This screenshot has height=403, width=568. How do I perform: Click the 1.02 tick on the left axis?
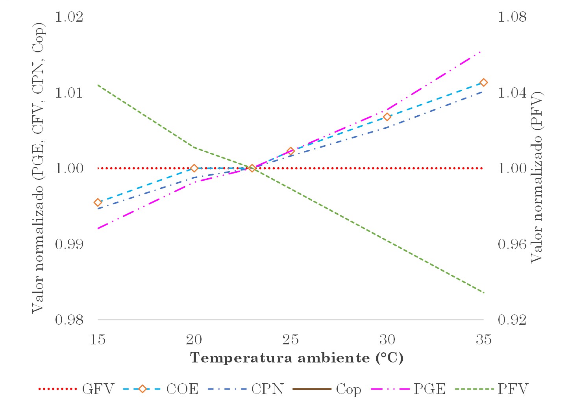69,17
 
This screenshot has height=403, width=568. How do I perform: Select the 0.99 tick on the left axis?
69,244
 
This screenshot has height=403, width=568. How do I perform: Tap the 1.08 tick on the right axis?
512,17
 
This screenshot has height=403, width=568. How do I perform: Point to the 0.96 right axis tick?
512,244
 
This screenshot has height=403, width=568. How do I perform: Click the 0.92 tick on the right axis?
512,320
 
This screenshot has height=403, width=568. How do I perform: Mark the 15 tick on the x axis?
98,339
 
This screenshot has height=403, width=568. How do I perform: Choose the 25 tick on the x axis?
290,339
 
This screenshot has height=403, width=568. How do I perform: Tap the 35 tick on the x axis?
483,339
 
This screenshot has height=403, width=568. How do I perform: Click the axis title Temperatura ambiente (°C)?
297,358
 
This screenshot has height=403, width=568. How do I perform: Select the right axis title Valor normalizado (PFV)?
537,177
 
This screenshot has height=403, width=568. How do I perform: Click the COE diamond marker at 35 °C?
484,82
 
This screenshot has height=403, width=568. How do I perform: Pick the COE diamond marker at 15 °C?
98,202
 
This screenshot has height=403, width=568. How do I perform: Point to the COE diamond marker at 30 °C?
387,117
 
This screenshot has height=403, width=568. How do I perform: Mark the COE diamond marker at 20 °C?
194,168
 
